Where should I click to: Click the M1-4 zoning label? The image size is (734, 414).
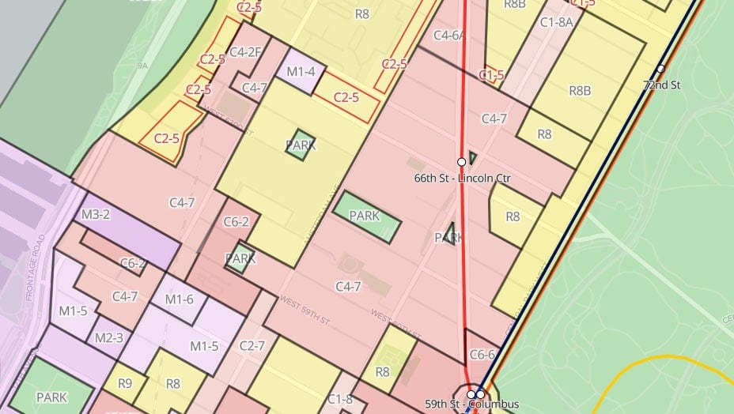tap(301, 72)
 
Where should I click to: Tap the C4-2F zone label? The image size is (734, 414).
tap(247, 52)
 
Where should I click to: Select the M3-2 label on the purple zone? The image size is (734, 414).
tap(96, 214)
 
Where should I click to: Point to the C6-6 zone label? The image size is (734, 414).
tap(482, 356)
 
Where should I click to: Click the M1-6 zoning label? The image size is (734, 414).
tap(180, 299)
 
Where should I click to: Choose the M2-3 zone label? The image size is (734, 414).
tap(108, 338)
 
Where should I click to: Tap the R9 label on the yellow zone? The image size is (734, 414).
tap(125, 384)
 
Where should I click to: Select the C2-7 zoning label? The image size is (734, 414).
tap(252, 346)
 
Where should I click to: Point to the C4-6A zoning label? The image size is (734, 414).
tap(449, 35)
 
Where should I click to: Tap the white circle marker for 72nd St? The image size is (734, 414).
tap(660, 69)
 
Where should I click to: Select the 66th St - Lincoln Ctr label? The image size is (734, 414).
tap(462, 178)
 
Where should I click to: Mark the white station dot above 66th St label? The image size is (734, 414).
tap(461, 161)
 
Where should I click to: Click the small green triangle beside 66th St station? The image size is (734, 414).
tap(472, 157)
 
